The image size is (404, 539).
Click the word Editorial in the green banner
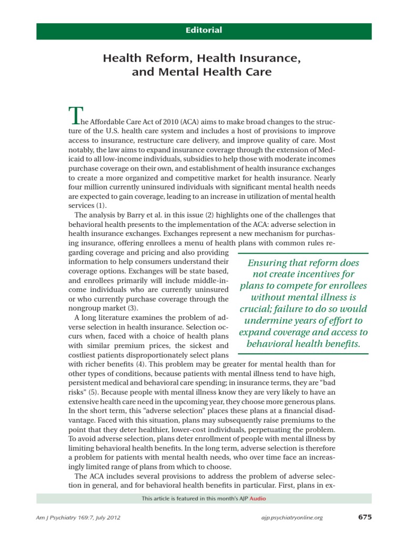(204, 30)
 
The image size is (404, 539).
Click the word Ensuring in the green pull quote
(266, 262)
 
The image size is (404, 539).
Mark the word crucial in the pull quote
(257, 309)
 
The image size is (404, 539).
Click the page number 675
(364, 517)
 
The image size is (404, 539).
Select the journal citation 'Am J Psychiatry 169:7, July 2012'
(78, 518)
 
